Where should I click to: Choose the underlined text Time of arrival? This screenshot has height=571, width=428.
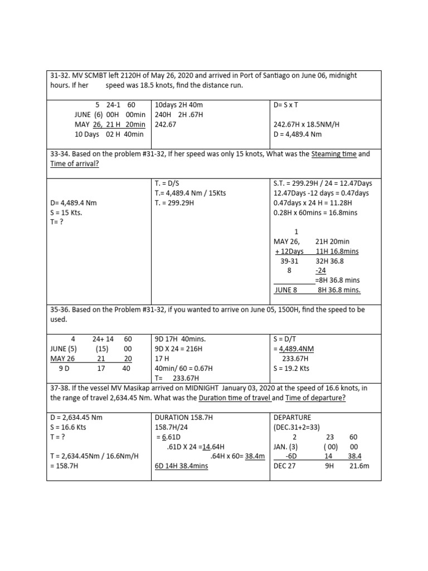coord(75,163)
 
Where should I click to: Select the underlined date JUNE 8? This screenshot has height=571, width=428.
coord(286,290)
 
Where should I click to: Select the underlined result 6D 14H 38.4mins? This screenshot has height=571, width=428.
coord(181,466)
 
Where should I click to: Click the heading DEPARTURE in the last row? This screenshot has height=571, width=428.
coord(293,417)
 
